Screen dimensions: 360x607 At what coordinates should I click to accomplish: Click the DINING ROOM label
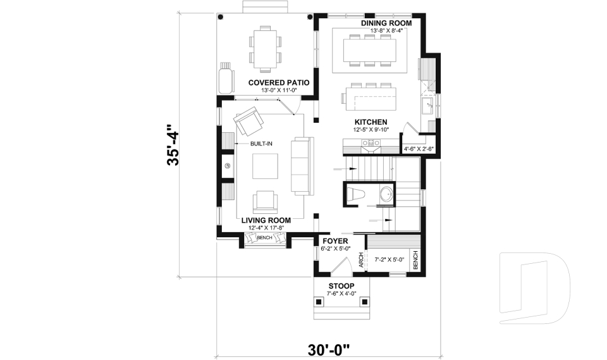click(386, 23)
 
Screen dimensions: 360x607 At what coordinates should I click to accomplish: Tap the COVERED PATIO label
click(278, 83)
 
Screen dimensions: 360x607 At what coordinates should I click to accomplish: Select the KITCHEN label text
click(371, 122)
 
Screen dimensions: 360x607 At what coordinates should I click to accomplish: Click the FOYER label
click(335, 241)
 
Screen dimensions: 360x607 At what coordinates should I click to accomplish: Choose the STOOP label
click(341, 286)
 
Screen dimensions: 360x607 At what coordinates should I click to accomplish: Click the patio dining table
click(266, 48)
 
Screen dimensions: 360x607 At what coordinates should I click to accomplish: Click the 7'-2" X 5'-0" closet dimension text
click(389, 259)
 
